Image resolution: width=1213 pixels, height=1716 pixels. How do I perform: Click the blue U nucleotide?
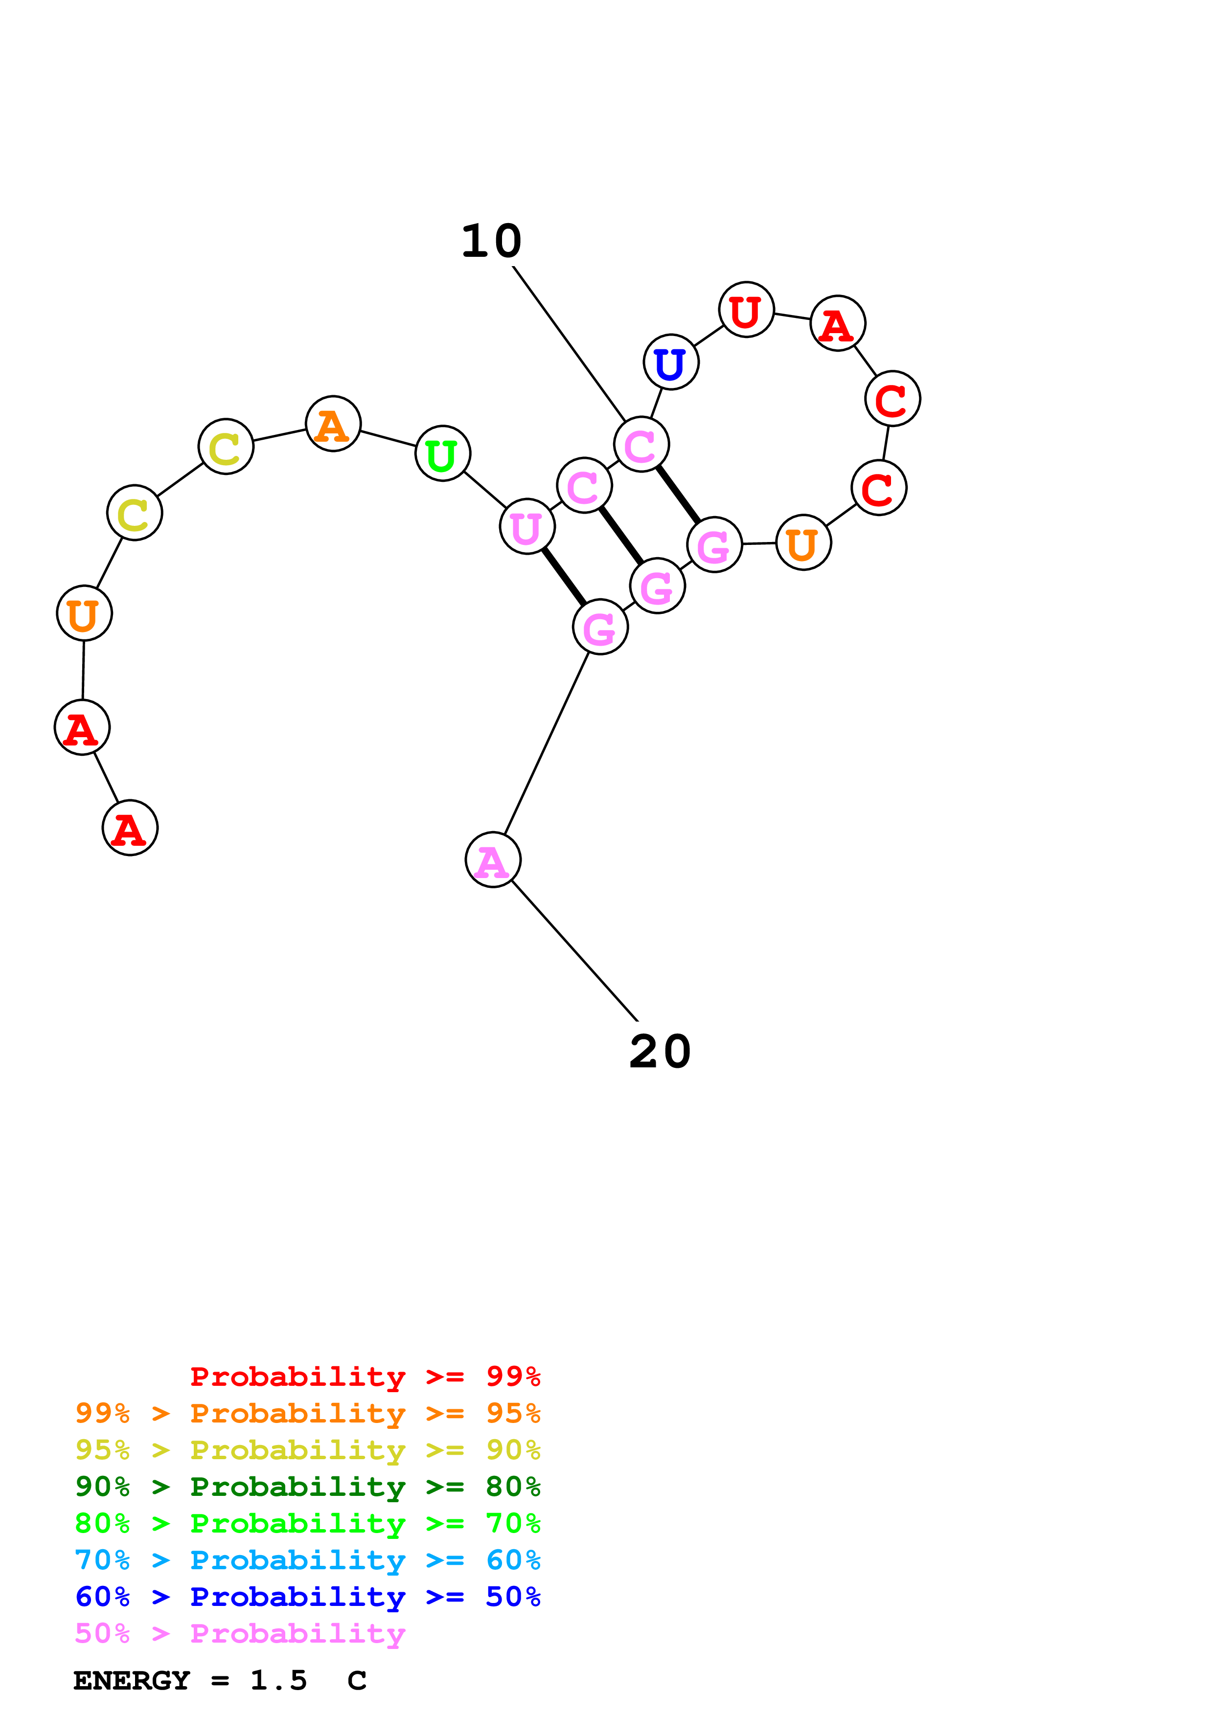(x=670, y=362)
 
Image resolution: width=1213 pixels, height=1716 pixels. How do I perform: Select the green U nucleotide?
(x=442, y=453)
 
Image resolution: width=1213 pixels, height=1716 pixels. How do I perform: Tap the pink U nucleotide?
(x=527, y=527)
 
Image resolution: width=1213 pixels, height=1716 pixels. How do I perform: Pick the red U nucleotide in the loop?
(x=746, y=310)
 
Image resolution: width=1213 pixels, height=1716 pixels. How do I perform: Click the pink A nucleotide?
(x=493, y=860)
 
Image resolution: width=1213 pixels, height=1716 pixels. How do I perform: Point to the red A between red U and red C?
(x=838, y=324)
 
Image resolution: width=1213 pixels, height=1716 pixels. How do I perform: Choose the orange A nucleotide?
(x=333, y=424)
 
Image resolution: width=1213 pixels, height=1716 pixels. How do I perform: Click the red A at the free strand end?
(x=130, y=828)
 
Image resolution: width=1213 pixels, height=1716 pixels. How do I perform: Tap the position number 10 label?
(x=491, y=242)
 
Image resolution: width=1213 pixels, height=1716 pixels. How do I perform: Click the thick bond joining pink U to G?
(x=564, y=577)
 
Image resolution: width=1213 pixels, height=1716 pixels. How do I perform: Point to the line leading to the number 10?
(x=569, y=344)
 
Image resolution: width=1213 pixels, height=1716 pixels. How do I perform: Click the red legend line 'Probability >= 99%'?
(x=365, y=1377)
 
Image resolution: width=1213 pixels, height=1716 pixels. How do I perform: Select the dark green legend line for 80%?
(x=307, y=1487)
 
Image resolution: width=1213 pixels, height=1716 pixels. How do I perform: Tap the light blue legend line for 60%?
(x=307, y=1560)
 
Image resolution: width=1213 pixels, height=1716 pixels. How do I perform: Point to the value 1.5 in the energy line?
(x=278, y=1681)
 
